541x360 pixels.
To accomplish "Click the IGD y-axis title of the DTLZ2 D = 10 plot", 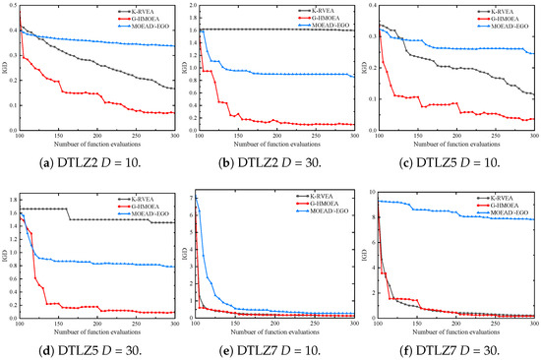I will (4, 67).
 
